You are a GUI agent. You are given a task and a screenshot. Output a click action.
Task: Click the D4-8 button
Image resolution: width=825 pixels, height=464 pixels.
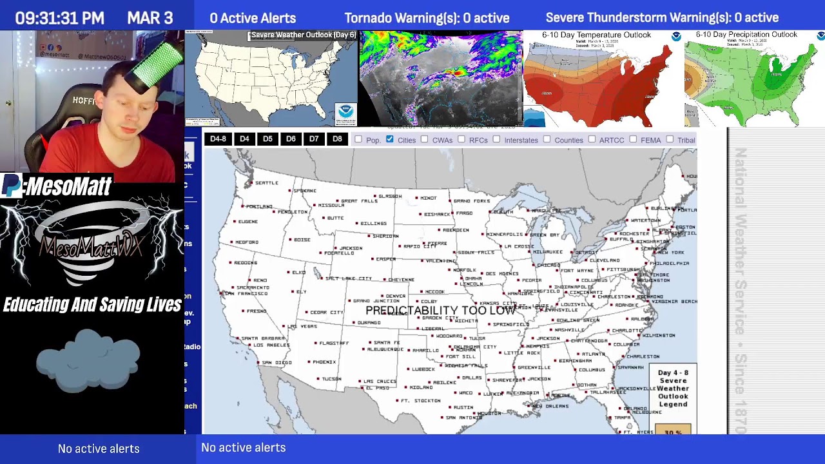pos(218,139)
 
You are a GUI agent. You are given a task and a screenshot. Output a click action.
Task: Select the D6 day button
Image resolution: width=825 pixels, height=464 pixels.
pos(291,139)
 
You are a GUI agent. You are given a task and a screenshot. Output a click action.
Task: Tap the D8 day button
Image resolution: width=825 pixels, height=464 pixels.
pos(337,139)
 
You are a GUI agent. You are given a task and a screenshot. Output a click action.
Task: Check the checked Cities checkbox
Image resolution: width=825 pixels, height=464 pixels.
pos(390,139)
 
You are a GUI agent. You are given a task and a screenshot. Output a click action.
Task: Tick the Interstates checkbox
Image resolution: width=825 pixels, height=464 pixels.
pos(496,139)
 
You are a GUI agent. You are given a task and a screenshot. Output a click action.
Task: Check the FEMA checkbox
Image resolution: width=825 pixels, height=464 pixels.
pos(633,139)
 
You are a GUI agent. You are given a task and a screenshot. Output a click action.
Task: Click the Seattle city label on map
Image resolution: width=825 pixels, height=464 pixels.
pos(266,183)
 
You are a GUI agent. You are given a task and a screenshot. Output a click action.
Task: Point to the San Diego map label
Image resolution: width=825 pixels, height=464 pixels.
pos(277,363)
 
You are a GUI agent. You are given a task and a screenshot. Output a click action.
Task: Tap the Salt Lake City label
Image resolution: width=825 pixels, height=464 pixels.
pos(349,278)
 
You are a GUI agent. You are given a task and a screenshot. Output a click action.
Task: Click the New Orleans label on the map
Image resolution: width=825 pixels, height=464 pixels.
pos(550,406)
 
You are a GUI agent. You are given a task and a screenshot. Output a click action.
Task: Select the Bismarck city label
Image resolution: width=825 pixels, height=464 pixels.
pos(437,214)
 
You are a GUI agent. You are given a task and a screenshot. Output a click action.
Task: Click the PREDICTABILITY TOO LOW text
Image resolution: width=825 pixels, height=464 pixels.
pos(440,311)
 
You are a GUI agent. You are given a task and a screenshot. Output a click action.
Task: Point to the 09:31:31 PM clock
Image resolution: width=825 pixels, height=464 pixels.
pos(60,18)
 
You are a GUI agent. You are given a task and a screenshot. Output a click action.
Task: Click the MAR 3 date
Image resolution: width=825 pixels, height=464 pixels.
pos(150,18)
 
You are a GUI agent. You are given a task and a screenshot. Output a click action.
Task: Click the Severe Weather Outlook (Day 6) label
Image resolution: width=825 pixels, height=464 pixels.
pos(303,35)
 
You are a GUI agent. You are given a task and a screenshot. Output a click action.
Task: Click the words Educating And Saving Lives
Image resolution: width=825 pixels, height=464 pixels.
pos(92,305)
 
